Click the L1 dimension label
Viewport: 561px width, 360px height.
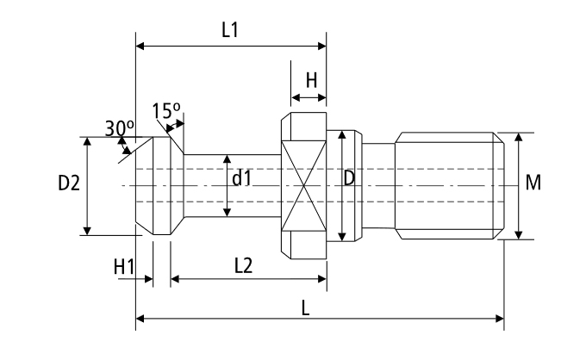(x=229, y=29)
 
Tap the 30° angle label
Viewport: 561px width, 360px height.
(x=120, y=127)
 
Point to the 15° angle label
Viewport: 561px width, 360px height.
(x=165, y=110)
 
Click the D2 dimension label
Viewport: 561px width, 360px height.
(x=69, y=184)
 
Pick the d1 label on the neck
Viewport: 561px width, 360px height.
(x=241, y=179)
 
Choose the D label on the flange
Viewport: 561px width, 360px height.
(x=349, y=178)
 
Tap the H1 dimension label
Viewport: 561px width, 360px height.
(x=124, y=268)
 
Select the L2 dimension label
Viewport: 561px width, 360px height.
(x=243, y=266)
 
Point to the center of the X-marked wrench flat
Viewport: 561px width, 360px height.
(x=304, y=185)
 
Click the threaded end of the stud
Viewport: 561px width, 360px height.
(x=448, y=185)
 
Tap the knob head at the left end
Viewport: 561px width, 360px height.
(x=157, y=185)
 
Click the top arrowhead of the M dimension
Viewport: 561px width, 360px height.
(x=518, y=136)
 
